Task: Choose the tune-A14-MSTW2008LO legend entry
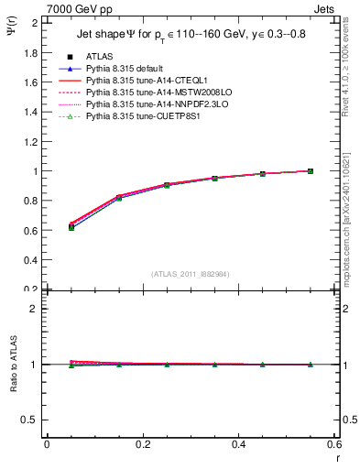(x=153, y=93)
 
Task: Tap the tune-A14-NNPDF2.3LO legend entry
(x=152, y=105)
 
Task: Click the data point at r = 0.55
(x=311, y=170)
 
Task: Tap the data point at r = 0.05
(x=71, y=227)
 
